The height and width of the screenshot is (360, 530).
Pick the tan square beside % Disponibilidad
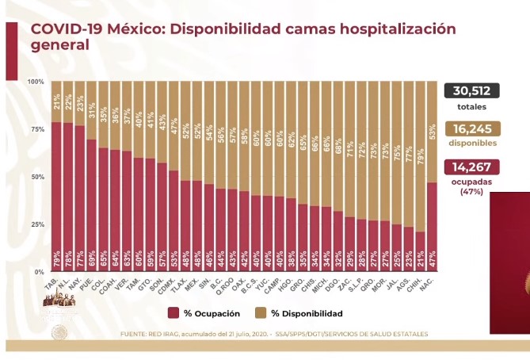258,314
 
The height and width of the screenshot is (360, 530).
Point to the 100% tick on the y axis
36,82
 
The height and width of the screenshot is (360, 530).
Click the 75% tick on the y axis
37,129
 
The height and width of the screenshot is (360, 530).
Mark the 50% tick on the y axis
37,177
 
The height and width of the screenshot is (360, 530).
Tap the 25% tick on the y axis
37,224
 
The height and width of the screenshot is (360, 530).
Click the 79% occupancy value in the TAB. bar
56,259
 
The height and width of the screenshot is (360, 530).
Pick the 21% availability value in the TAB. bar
56,101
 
